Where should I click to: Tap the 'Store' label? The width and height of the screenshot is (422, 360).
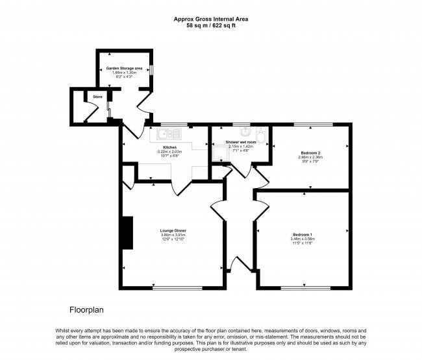click(97, 97)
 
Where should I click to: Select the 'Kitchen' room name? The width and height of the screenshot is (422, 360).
click(170, 147)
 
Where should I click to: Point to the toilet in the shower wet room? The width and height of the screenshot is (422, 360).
click(261, 135)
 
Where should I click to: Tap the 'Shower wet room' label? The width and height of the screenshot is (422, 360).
click(240, 141)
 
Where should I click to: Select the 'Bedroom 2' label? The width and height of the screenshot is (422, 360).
click(311, 152)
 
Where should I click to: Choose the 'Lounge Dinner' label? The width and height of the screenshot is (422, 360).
click(173, 230)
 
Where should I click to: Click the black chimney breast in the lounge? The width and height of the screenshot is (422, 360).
click(127, 233)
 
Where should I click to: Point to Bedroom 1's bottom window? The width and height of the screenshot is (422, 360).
click(303, 288)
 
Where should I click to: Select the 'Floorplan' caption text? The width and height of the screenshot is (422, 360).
click(86, 309)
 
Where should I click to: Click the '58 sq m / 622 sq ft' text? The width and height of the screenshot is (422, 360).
click(210, 25)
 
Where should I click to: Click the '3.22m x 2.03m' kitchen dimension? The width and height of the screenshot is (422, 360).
click(170, 152)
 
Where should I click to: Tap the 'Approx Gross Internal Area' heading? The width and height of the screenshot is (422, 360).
click(210, 19)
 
